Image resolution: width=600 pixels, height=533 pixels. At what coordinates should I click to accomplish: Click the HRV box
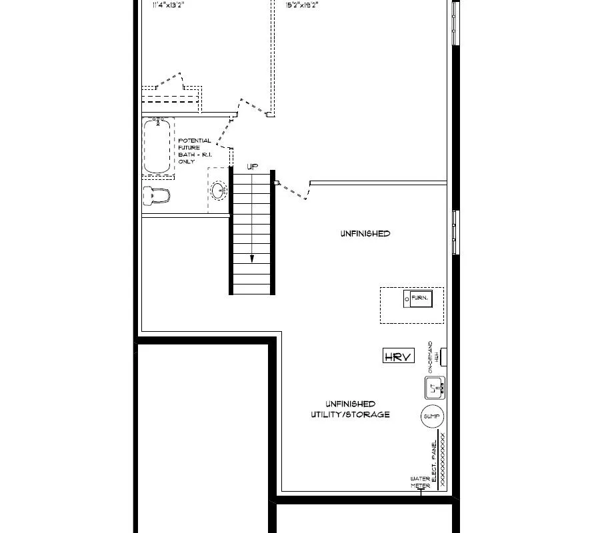(399, 356)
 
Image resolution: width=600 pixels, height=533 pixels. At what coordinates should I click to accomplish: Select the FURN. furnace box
(419, 298)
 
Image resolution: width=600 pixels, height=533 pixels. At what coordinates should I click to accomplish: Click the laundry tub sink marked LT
(435, 386)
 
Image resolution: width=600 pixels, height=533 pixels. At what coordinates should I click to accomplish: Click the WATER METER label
(420, 482)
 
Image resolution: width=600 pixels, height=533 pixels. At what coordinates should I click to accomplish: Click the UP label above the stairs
(252, 167)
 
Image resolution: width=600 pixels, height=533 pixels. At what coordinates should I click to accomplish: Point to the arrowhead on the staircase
(252, 261)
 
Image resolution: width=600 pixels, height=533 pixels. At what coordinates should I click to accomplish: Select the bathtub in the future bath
(157, 146)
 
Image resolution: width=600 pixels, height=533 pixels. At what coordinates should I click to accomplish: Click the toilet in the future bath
(157, 195)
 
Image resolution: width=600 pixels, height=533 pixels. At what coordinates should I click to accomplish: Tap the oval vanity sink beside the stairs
(219, 191)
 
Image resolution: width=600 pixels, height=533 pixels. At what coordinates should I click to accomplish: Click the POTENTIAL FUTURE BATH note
(194, 151)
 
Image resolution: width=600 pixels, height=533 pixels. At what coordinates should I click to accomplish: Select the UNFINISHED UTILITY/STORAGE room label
(350, 409)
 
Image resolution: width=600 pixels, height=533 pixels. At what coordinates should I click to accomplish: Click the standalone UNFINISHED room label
(365, 234)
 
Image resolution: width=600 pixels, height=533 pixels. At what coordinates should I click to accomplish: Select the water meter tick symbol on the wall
(420, 492)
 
